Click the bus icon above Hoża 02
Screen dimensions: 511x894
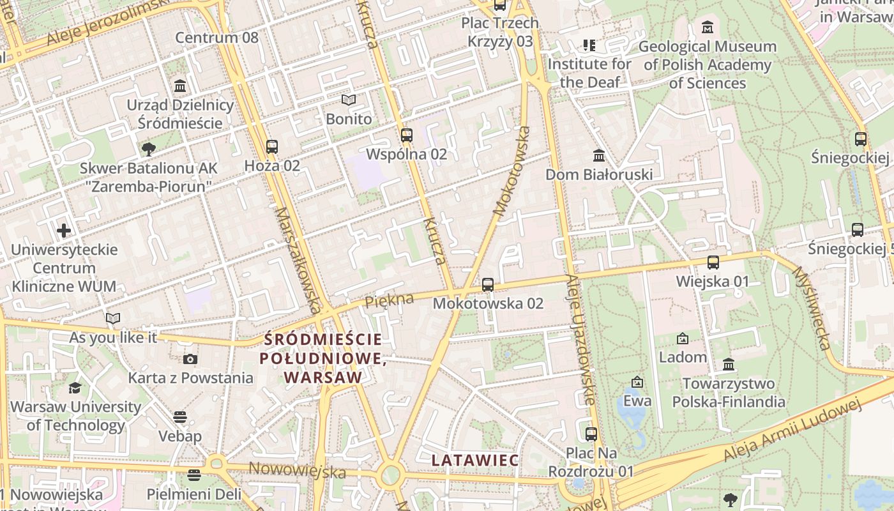tap(272, 146)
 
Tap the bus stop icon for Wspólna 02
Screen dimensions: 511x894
tap(407, 135)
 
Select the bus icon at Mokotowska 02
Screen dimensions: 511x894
tap(488, 284)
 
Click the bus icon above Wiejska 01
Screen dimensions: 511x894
tap(713, 262)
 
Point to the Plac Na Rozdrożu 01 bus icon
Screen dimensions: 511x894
tap(591, 434)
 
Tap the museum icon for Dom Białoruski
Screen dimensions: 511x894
tap(599, 155)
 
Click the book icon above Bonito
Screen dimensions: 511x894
tap(348, 100)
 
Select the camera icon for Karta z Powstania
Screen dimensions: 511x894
tap(190, 359)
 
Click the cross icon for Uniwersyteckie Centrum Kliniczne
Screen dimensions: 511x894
tap(64, 230)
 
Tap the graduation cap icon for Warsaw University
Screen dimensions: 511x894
tap(75, 388)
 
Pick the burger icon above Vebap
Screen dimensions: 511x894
tap(180, 417)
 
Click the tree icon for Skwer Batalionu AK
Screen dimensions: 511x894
tap(149, 149)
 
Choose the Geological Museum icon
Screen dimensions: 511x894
tap(708, 27)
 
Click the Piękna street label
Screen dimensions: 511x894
tap(389, 300)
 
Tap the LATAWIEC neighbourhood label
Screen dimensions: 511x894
tap(475, 460)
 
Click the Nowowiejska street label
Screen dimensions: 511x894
tap(297, 471)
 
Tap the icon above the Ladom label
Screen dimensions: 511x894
tap(683, 338)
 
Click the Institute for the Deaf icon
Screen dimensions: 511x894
tap(589, 45)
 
